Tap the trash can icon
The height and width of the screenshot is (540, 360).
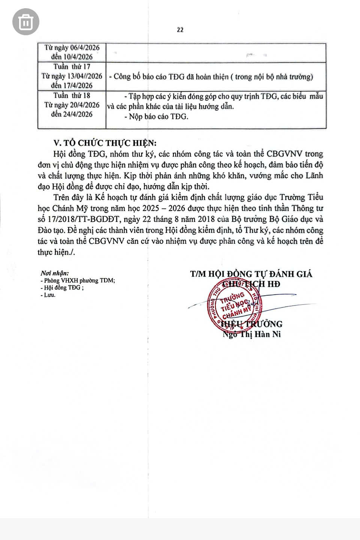pyautogui.click(x=25, y=22)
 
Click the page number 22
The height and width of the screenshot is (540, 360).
pyautogui.click(x=180, y=30)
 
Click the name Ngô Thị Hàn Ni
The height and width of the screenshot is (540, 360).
pyautogui.click(x=252, y=334)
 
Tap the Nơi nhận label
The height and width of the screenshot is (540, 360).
pyautogui.click(x=54, y=274)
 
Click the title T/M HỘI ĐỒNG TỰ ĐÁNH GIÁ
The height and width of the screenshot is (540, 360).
pyautogui.click(x=251, y=274)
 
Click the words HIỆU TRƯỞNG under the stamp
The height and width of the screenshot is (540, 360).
pyautogui.click(x=252, y=324)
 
